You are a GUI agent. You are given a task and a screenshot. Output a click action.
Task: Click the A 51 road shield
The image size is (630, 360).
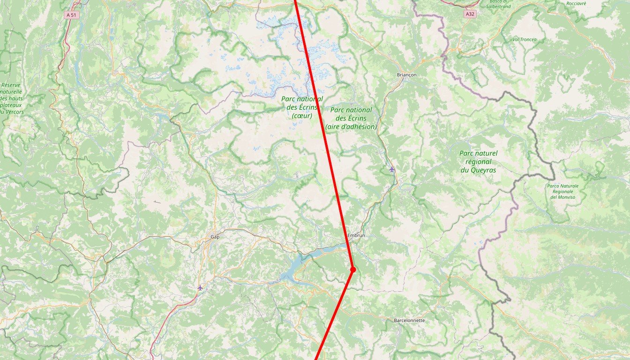click(71, 15)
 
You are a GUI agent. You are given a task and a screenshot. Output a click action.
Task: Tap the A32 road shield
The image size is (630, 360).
click(470, 15)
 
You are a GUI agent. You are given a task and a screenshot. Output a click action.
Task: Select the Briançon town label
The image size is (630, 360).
click(406, 75)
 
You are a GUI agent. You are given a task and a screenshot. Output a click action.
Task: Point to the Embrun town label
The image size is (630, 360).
click(356, 235)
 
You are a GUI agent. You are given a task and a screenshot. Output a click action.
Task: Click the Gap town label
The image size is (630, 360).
click(215, 237)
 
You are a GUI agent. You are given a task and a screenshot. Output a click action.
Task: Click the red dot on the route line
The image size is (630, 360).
click(353, 269)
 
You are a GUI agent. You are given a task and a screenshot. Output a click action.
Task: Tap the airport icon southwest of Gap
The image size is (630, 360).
click(200, 287)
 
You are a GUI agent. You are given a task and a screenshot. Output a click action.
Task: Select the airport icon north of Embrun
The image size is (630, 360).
click(392, 169)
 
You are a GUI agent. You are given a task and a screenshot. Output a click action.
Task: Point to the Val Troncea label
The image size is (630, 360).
click(525, 39)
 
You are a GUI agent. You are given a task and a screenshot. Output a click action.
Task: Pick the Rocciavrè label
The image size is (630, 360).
click(576, 3)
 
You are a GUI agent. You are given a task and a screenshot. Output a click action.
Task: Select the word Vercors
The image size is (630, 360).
click(14, 112)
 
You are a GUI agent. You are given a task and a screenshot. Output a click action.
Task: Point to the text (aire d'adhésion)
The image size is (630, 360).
click(351, 127)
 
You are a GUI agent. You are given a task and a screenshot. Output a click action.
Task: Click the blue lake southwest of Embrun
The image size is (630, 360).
click(293, 270)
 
